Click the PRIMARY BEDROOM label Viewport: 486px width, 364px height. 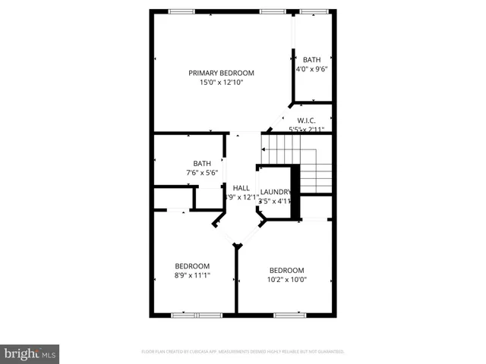pyautogui.click(x=221, y=73)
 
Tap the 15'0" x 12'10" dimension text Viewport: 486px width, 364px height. pyautogui.click(x=221, y=83)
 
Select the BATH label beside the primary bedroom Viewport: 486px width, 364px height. pyautogui.click(x=312, y=59)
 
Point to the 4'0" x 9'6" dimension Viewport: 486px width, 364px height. pyautogui.click(x=312, y=68)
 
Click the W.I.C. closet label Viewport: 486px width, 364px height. pyautogui.click(x=306, y=121)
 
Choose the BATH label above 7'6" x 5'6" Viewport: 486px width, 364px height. pyautogui.click(x=202, y=163)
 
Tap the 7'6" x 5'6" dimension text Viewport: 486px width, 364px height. pyautogui.click(x=202, y=173)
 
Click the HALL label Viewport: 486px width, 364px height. pyautogui.click(x=241, y=188)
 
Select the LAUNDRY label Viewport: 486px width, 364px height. pyautogui.click(x=276, y=192)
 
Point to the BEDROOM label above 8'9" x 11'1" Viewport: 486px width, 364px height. pyautogui.click(x=192, y=265)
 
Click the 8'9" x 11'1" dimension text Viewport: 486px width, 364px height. pyautogui.click(x=192, y=275)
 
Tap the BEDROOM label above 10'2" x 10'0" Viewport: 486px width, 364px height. pyautogui.click(x=287, y=270)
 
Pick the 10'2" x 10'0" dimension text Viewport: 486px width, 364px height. pyautogui.click(x=287, y=280)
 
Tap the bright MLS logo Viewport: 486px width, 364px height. pyautogui.click(x=30, y=354)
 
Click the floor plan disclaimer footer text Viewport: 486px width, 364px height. pyautogui.click(x=243, y=352)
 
